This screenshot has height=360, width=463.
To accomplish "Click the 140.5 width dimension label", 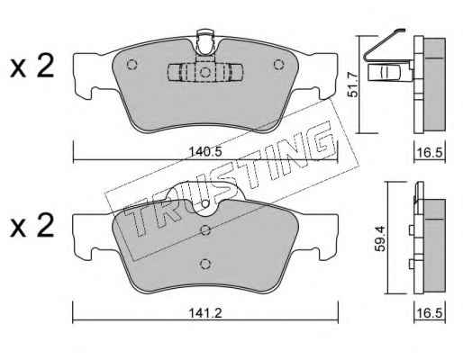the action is coord(205,152).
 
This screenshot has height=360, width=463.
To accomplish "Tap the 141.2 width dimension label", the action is coord(205,313).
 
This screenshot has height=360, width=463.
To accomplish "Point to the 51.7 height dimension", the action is coord(353,85).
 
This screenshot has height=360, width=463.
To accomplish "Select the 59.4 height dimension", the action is coord(380,238).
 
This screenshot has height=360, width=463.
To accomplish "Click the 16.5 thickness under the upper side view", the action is coord(430,152).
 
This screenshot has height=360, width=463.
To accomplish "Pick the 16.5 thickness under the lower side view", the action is coord(430,313).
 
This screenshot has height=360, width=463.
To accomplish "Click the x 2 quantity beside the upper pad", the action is coord(32,66).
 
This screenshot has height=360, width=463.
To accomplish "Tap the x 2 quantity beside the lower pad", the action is coord(32,226).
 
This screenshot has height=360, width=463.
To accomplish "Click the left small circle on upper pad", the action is coord(132,65).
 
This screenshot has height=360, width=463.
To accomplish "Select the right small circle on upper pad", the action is coord(278,65).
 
